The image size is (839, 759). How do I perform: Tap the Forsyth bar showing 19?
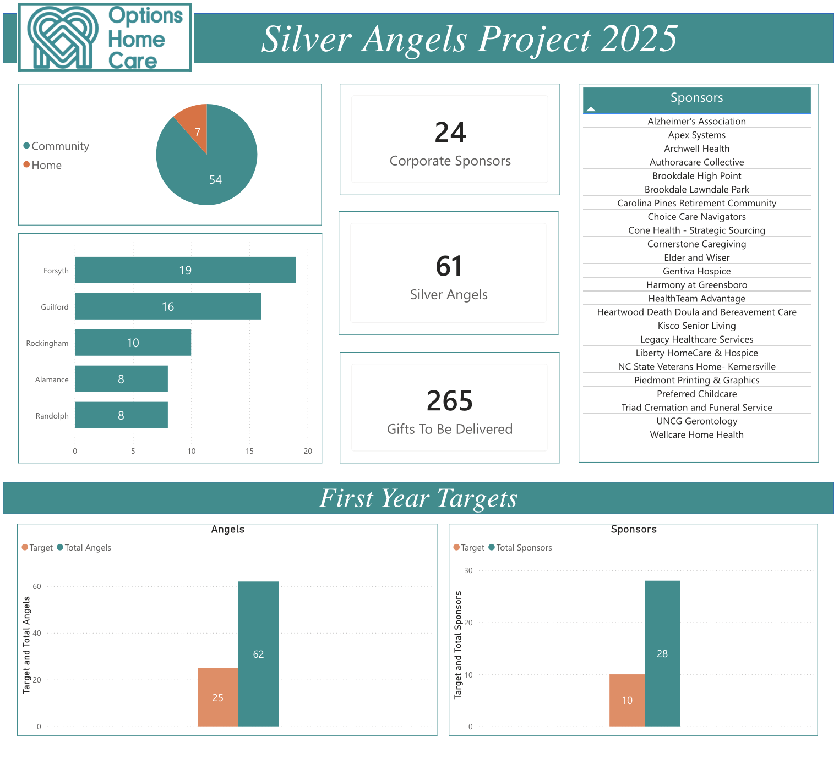point(185,270)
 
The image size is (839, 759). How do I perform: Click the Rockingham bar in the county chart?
point(133,343)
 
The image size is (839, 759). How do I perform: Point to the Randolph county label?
point(52,416)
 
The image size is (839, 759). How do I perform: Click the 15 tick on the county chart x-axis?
point(249,451)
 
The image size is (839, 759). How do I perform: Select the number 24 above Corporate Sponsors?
point(450,133)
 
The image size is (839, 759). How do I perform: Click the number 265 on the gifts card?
point(449,401)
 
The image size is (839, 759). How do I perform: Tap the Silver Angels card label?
point(449,295)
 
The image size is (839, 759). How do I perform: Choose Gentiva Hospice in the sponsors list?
point(696,271)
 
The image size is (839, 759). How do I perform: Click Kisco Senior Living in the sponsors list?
point(696,326)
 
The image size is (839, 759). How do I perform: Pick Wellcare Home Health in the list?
point(696,435)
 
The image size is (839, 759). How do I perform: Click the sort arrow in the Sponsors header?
point(591,109)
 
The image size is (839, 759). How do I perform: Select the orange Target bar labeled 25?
point(218,697)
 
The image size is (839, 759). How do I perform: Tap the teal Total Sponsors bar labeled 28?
point(662,653)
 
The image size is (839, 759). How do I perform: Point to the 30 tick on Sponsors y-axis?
point(468,570)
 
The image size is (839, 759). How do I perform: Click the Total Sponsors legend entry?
point(524,548)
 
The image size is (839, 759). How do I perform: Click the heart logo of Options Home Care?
point(63,37)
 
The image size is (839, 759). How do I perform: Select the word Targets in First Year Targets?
point(477,498)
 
